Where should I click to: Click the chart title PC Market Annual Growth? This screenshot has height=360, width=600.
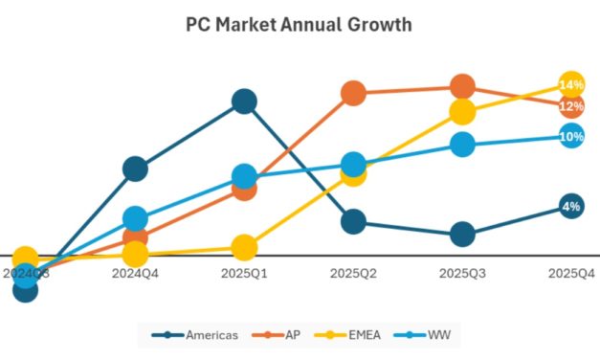[x=300, y=25]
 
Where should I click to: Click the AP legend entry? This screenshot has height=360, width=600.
[x=283, y=334]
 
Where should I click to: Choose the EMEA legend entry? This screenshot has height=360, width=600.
[x=355, y=334]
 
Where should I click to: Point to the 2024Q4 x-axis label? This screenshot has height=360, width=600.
[x=135, y=274]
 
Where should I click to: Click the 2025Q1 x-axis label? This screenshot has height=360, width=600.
[x=244, y=274]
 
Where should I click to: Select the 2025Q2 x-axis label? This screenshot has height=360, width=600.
[x=353, y=274]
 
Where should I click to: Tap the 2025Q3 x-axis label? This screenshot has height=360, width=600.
[x=462, y=274]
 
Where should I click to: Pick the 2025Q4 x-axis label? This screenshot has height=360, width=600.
[x=571, y=274]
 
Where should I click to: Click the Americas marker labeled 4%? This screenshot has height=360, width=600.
[x=571, y=206]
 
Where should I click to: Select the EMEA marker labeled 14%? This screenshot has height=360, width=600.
[x=571, y=84]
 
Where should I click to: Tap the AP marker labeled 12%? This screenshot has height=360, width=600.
[x=571, y=106]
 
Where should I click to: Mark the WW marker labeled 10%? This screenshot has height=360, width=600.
[x=571, y=136]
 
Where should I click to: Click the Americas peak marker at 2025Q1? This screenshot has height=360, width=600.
[x=244, y=101]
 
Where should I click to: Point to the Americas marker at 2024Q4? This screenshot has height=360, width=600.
[x=135, y=169]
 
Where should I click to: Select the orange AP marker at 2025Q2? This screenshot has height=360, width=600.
[x=353, y=93]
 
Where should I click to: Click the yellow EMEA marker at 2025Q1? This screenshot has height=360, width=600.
[x=244, y=247]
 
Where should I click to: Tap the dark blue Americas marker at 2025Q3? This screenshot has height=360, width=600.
[x=462, y=234]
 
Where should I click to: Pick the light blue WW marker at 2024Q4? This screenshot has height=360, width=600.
[x=135, y=218]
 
